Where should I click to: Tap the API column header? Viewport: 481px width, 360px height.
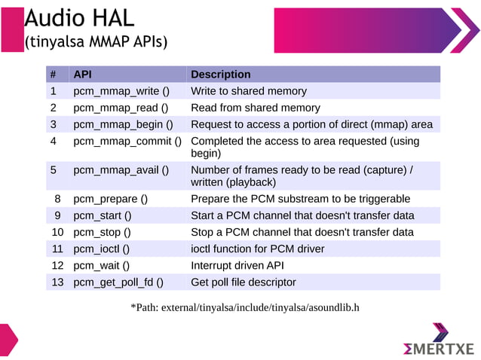pyautogui.click(x=83, y=75)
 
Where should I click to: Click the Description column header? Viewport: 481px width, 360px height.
pyautogui.click(x=220, y=75)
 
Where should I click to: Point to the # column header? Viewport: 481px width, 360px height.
pyautogui.click(x=54, y=75)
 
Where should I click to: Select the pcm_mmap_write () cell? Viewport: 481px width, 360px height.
pyautogui.click(x=121, y=91)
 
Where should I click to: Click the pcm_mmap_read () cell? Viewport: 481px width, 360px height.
pyautogui.click(x=120, y=108)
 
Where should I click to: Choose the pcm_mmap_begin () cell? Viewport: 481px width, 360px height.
pyautogui.click(x=123, y=124)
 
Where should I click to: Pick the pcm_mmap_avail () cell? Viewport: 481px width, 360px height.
pyautogui.click(x=121, y=169)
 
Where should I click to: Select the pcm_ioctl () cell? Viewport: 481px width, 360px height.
pyautogui.click(x=101, y=249)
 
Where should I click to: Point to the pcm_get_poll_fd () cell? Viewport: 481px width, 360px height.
pyautogui.click(x=118, y=282)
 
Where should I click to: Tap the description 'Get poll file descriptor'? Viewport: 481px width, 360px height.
pyautogui.click(x=244, y=282)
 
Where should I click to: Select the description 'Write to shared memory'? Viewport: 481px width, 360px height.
pyautogui.click(x=249, y=91)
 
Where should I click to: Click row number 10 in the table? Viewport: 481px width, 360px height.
pyautogui.click(x=57, y=232)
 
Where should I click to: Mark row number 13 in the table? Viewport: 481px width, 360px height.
pyautogui.click(x=57, y=282)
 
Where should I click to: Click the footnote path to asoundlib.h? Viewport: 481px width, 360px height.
pyautogui.click(x=245, y=307)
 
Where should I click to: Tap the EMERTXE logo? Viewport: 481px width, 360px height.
pyautogui.click(x=440, y=343)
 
